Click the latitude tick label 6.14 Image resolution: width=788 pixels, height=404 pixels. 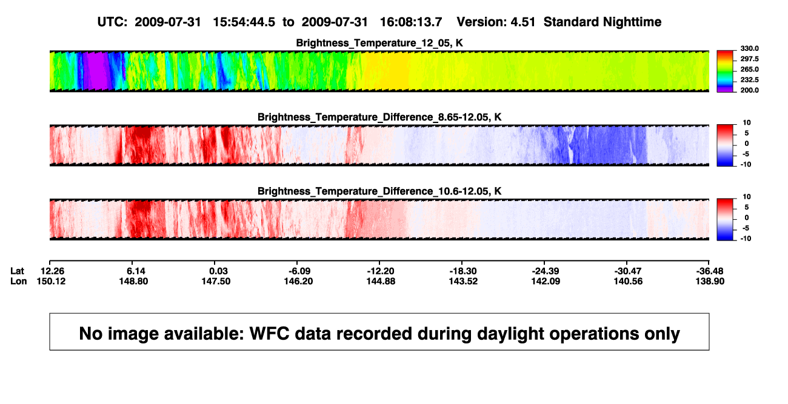[x=136, y=271]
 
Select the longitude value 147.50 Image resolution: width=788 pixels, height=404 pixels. [x=216, y=281]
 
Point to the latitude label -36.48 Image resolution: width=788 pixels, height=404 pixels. [x=710, y=271]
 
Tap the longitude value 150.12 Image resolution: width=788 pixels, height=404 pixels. [x=51, y=281]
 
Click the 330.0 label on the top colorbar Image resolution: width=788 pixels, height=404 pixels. [x=749, y=48]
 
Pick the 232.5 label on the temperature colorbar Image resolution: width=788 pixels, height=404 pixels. [x=749, y=80]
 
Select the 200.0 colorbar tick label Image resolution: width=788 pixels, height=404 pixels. [x=749, y=90]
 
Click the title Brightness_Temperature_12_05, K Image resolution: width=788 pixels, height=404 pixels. [x=379, y=43]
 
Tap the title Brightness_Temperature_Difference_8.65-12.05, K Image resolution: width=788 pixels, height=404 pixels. [x=379, y=117]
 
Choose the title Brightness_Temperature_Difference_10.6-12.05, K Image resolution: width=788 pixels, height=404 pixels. [x=379, y=191]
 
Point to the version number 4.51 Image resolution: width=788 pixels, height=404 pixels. [x=523, y=22]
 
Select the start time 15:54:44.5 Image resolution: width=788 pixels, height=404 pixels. [x=244, y=22]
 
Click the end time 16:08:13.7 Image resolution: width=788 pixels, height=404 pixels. [x=411, y=22]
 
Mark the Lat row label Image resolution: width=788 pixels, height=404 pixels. [x=17, y=271]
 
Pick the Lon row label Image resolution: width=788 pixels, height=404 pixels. [x=18, y=281]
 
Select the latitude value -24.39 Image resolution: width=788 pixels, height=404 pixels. [x=546, y=271]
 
